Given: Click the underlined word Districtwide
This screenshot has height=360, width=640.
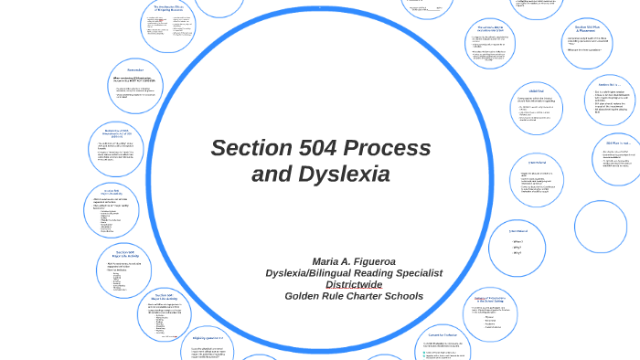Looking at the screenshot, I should [x=354, y=284].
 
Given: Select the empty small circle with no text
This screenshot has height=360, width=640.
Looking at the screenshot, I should [x=601, y=227].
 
